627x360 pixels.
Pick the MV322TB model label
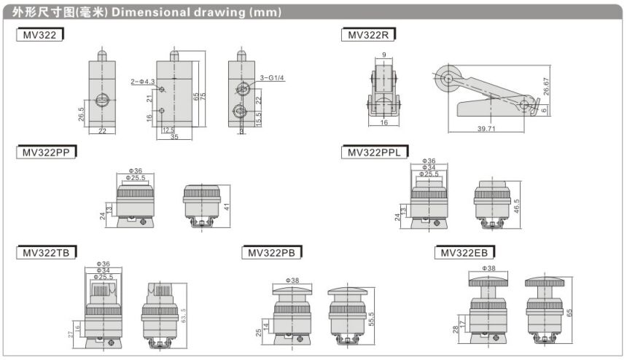point(46,253)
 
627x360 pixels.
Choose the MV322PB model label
point(271,253)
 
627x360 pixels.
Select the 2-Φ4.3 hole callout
point(142,80)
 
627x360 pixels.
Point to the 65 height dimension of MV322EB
point(569,311)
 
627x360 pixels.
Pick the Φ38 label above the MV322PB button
point(293,280)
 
